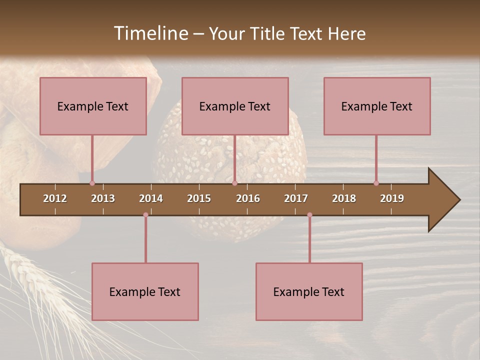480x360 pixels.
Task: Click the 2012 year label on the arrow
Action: (55, 198)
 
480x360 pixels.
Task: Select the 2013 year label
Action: (103, 198)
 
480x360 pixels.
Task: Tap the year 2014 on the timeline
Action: (151, 198)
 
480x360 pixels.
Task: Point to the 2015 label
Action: (199, 198)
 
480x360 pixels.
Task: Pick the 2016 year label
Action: (248, 198)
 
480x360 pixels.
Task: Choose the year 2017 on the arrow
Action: (296, 198)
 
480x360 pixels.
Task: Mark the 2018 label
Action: (344, 198)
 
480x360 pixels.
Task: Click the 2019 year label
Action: (392, 198)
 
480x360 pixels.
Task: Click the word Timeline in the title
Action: (151, 33)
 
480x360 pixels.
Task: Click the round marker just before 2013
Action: (92, 183)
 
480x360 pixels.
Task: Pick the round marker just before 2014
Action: (145, 215)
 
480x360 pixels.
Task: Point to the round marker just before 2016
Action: (234, 183)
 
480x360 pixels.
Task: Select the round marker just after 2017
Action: (309, 215)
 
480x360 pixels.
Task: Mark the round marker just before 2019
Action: (376, 183)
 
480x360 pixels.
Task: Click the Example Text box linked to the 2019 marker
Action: (377, 106)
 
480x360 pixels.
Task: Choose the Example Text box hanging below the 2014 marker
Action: (145, 291)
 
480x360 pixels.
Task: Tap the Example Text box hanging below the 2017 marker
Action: (309, 291)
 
